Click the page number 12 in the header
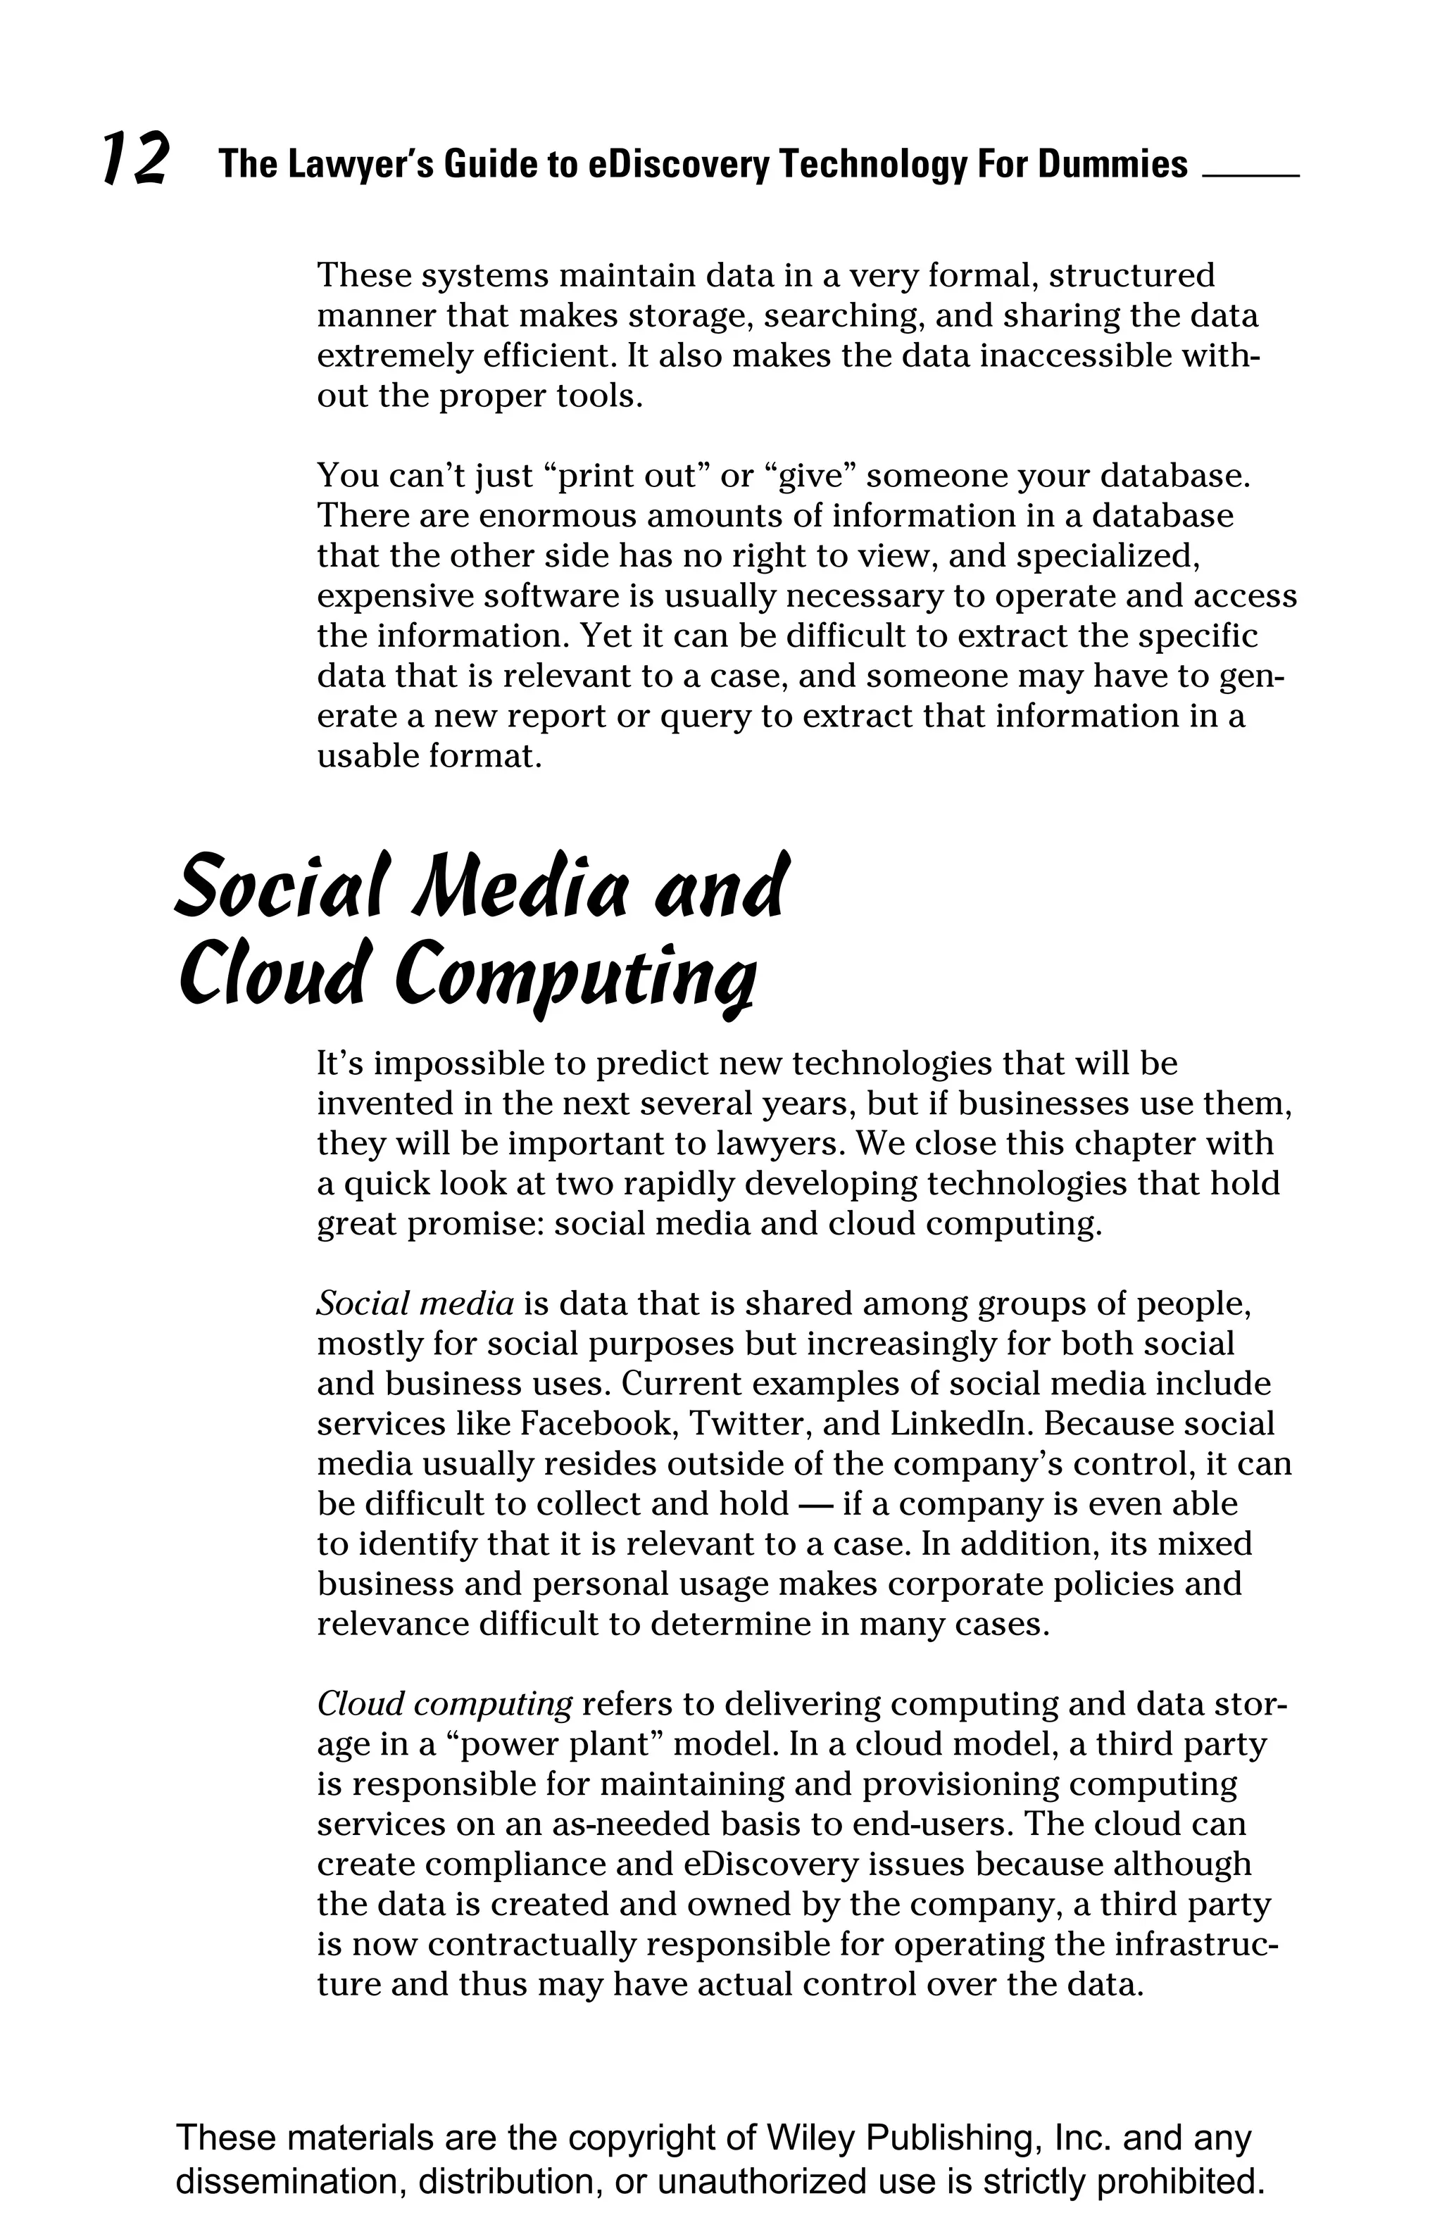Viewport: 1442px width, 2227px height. pyautogui.click(x=136, y=158)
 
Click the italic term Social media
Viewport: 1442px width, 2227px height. pyautogui.click(x=415, y=1303)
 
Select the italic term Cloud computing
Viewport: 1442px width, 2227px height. pyautogui.click(x=444, y=1704)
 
